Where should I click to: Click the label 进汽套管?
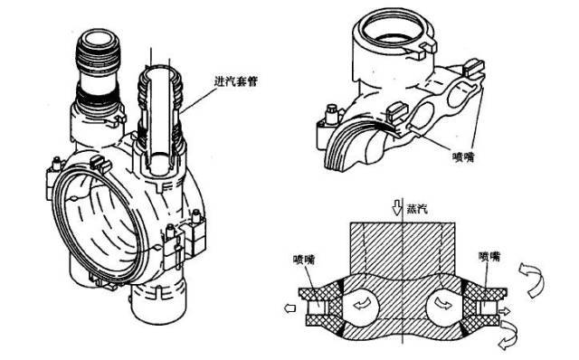(x=235, y=81)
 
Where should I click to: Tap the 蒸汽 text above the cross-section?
(x=417, y=209)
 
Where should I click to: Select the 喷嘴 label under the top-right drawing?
(x=463, y=156)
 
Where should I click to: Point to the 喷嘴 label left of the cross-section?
(x=304, y=260)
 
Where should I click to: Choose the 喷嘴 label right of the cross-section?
(x=489, y=256)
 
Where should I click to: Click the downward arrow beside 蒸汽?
(x=397, y=208)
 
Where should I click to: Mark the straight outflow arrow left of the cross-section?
(x=290, y=308)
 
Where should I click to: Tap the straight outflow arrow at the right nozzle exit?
(x=504, y=311)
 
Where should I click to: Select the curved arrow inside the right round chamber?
(x=442, y=303)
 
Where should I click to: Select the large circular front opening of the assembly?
(x=97, y=225)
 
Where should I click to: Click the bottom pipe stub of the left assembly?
(x=159, y=303)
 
